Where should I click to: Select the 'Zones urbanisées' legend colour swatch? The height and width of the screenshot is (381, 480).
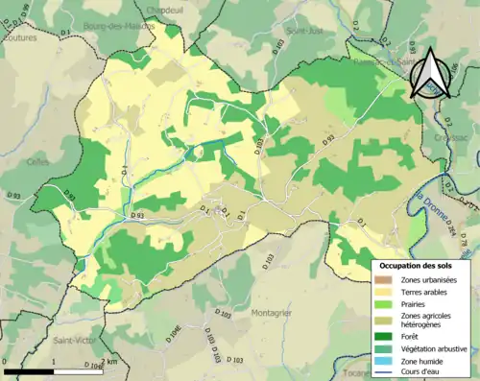click(383, 279)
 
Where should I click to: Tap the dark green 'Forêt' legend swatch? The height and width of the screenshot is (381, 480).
click(383, 337)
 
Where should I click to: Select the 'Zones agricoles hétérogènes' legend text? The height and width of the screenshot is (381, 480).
click(423, 320)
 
